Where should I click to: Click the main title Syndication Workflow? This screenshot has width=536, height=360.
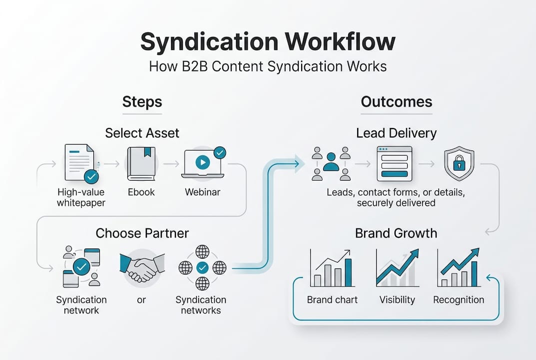click(268, 42)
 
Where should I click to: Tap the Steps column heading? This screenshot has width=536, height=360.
click(142, 102)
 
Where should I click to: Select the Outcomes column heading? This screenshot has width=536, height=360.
click(396, 102)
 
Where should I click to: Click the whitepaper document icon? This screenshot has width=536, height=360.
click(80, 163)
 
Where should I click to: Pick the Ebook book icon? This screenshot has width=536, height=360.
click(141, 163)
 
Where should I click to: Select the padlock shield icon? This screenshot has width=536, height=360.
click(459, 163)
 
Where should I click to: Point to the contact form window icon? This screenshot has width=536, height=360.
click(394, 163)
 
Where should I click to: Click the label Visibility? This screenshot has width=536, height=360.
click(397, 300)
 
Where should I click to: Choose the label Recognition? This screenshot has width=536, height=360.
click(458, 300)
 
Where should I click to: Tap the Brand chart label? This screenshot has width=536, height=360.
click(332, 300)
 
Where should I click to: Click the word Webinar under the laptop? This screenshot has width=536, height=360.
click(202, 192)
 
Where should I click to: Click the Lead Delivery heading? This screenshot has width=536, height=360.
click(396, 133)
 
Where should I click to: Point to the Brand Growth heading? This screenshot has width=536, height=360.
click(396, 233)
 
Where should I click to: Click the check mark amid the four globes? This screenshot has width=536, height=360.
click(202, 267)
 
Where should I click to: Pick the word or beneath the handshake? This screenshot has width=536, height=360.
click(141, 300)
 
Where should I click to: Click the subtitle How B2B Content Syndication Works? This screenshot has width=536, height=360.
click(268, 66)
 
